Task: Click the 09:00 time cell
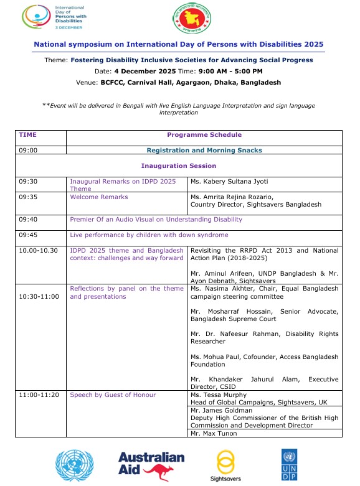coord(29,150)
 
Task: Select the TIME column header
coord(28,134)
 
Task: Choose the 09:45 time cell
coord(29,235)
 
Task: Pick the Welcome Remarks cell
coord(98,197)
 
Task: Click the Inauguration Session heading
coord(179,166)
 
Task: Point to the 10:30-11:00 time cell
coord(39,296)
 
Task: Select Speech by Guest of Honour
coord(112,395)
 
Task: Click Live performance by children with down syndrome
coord(149,235)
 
